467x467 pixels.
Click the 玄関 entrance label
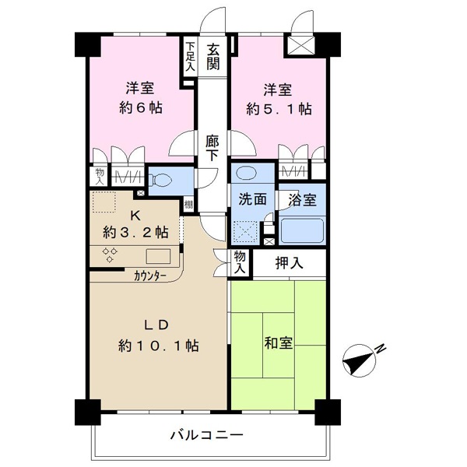point(213,56)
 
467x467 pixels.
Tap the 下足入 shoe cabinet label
point(190,56)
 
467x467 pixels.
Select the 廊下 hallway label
point(212,148)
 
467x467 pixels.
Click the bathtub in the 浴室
point(302,230)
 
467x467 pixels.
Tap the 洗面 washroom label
point(252,199)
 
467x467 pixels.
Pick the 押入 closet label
point(289,263)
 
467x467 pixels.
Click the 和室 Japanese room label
point(278,342)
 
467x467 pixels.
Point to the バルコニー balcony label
point(207,435)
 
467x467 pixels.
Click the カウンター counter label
point(150,276)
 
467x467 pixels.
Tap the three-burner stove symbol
point(110,255)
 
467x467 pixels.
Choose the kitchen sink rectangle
point(158,256)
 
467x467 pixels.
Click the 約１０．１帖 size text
point(159,346)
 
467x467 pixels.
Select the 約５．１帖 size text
point(279,109)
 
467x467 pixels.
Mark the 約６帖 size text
point(140,107)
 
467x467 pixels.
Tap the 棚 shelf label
point(188,205)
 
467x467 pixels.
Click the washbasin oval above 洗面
point(246,173)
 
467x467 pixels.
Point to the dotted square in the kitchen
point(104,202)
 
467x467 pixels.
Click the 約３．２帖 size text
point(135,232)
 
